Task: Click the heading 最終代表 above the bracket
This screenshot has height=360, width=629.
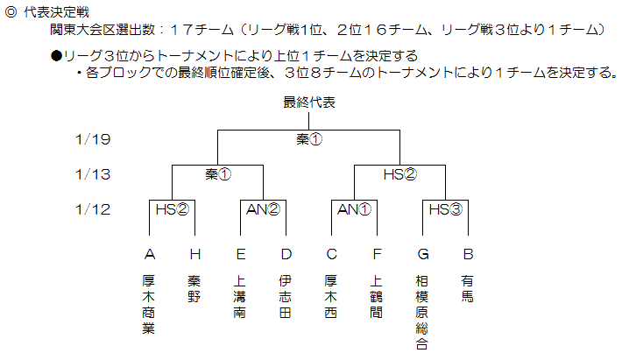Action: point(309,102)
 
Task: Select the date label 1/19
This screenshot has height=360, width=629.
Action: point(93,139)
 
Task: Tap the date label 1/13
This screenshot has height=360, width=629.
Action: point(93,174)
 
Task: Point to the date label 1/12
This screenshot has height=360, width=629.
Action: point(93,209)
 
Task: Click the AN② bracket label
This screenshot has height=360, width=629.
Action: point(263,209)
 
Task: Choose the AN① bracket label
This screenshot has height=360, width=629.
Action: point(354,209)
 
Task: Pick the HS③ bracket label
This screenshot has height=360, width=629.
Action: point(445,209)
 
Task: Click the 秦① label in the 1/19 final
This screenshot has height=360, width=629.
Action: point(309,139)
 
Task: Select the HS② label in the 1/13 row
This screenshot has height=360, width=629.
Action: point(400,174)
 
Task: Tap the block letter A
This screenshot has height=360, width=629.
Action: point(150,254)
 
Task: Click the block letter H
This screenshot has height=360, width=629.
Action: point(195,254)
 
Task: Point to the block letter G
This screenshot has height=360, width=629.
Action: point(423,254)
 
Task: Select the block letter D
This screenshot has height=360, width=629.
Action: point(286,254)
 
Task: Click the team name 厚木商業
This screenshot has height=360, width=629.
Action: point(148,304)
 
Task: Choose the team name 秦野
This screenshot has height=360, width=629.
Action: point(194,289)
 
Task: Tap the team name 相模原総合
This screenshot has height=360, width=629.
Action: point(422,313)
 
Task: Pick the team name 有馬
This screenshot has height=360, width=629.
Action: point(467,289)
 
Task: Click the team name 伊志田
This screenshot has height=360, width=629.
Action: point(286,296)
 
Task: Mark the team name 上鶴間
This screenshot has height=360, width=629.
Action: point(377,296)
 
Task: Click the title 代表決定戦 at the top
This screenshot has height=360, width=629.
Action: point(57,12)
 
